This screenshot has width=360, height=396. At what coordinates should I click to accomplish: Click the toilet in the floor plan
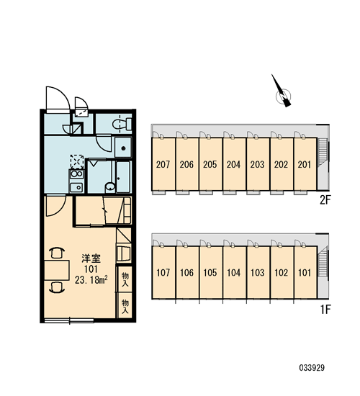122,125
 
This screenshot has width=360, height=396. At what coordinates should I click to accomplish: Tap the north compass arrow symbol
282,91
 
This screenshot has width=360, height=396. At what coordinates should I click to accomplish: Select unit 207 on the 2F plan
163,165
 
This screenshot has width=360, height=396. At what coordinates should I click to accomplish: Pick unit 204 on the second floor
234,165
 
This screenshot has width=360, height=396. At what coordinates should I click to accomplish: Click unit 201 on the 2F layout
305,165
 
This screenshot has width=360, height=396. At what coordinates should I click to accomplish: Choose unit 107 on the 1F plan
163,273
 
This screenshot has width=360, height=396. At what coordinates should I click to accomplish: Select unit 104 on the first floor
234,273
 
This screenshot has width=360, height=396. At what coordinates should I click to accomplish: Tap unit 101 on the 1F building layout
305,273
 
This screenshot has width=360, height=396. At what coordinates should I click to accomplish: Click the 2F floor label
325,200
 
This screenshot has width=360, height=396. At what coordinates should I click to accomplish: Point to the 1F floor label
325,310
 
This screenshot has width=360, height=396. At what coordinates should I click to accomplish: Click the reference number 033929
312,367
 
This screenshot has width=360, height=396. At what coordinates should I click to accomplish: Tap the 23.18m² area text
91,279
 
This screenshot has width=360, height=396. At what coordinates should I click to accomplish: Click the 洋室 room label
91,258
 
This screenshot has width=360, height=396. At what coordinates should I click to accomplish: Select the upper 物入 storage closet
125,279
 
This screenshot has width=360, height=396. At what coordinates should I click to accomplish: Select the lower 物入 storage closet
125,306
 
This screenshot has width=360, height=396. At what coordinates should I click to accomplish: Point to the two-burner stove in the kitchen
76,174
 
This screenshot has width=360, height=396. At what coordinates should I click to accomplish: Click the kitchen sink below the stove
76,187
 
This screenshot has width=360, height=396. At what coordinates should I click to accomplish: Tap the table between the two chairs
57,270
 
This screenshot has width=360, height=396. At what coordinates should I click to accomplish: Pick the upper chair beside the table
58,253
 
